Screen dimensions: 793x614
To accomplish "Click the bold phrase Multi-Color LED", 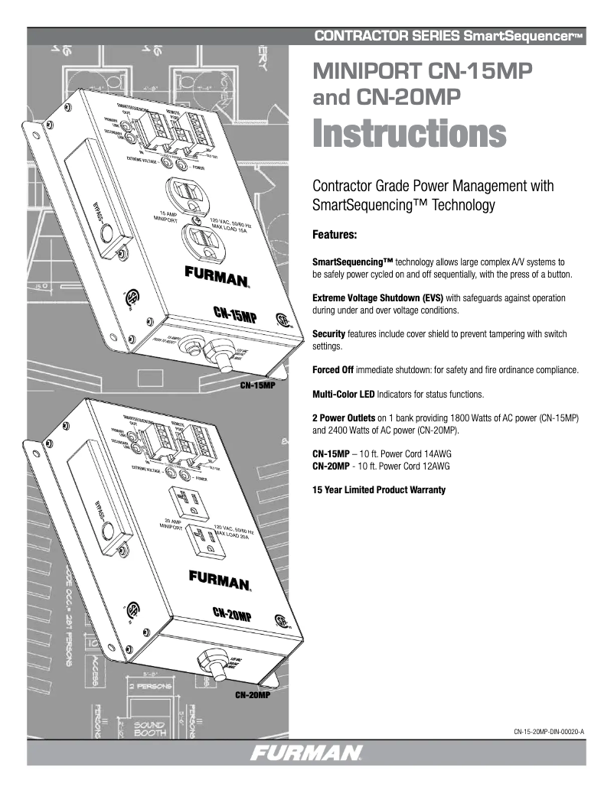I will [345, 395].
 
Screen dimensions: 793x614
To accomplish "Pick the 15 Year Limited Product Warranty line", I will [379, 489].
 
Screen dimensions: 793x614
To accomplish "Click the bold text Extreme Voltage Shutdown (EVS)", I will [373, 297].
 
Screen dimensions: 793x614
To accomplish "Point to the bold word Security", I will [328, 334].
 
